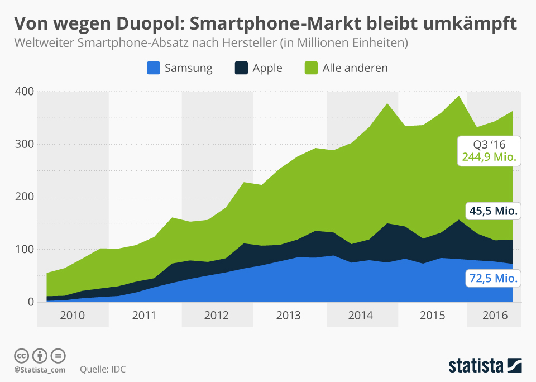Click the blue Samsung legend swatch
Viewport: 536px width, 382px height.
tap(154, 68)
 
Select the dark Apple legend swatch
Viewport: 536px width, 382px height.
tap(241, 68)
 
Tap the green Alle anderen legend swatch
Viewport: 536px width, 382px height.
tap(312, 68)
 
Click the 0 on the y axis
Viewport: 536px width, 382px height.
tap(31, 302)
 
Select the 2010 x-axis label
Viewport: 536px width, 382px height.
tap(73, 316)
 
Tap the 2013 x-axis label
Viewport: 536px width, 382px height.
tap(288, 316)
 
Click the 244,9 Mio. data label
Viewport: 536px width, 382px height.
tap(490, 157)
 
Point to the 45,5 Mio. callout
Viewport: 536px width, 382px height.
tap(493, 211)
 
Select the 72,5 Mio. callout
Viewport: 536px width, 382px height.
tap(493, 278)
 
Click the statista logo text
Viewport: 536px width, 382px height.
tap(476, 366)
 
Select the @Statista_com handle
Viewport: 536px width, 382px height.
tap(40, 370)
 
